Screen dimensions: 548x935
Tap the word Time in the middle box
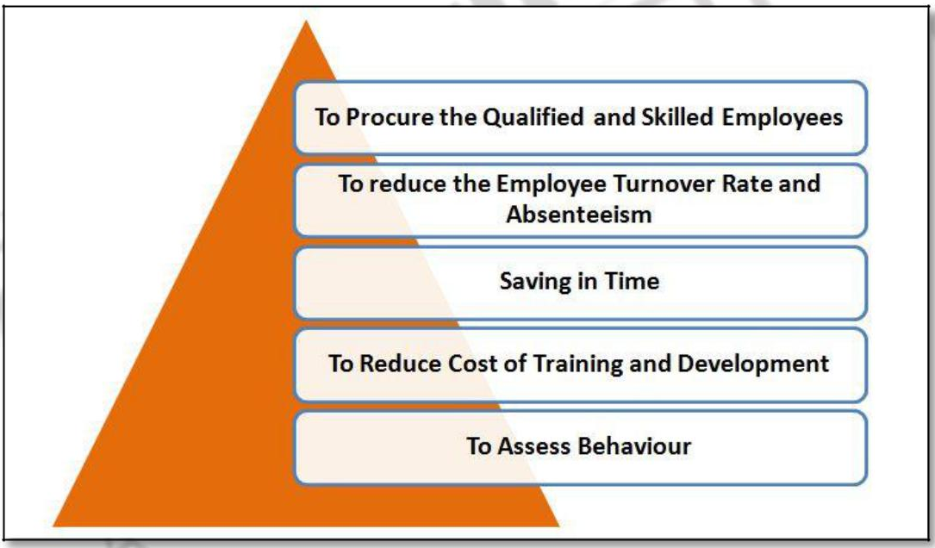(x=633, y=282)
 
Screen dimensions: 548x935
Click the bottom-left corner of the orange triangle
(x=55, y=525)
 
